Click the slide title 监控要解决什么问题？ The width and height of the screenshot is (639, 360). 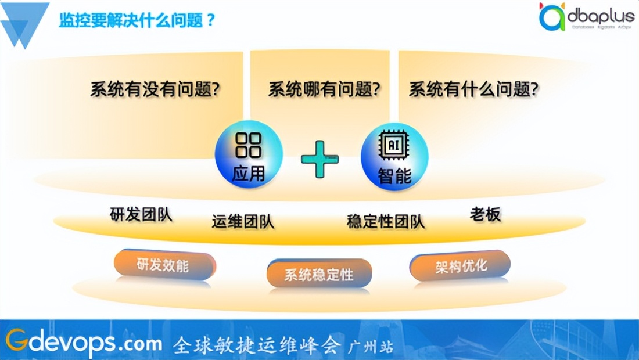pos(137,21)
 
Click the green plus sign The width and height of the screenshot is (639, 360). pos(319,159)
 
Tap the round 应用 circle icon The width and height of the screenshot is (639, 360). pos(249,154)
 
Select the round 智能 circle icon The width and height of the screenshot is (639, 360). pos(394,156)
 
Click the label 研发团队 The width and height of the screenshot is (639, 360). pos(141,214)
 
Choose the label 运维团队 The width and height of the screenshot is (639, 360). pos(243,221)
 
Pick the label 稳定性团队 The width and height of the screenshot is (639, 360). pos(386,221)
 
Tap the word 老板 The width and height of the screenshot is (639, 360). pos(485,215)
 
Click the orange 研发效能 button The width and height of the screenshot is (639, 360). pos(164,265)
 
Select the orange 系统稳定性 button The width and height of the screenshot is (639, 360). pos(319,273)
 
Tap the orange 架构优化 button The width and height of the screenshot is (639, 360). pos(460,267)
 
